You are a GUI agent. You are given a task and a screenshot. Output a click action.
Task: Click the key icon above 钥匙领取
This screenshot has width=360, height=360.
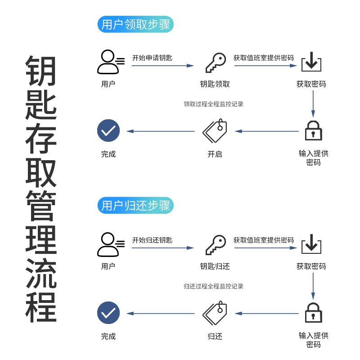coord(215,63)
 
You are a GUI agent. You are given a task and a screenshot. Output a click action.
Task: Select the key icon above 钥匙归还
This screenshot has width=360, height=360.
coord(215,245)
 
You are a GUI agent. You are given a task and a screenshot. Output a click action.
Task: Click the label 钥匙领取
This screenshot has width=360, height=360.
coord(215,84)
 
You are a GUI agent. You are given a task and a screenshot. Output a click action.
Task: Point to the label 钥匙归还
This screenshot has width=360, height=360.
coord(215,266)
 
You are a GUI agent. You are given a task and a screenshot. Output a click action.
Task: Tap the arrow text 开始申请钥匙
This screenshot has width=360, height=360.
coord(152,58)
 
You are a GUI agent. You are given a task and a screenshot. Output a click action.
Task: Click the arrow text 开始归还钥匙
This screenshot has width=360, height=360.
coord(152,240)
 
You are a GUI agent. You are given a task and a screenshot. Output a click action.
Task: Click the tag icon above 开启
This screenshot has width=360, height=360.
coord(215,131)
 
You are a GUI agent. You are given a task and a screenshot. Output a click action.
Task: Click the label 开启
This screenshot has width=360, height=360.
coord(215,154)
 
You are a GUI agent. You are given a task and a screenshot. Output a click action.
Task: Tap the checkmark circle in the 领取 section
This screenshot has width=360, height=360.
coord(108,131)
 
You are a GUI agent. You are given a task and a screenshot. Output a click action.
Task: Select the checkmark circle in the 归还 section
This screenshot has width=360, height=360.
coord(108,313)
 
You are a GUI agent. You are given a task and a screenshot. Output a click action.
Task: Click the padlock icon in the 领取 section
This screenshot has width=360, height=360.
coord(313,131)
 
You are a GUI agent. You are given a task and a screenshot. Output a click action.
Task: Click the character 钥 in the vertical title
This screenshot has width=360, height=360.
coord(41,71)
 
